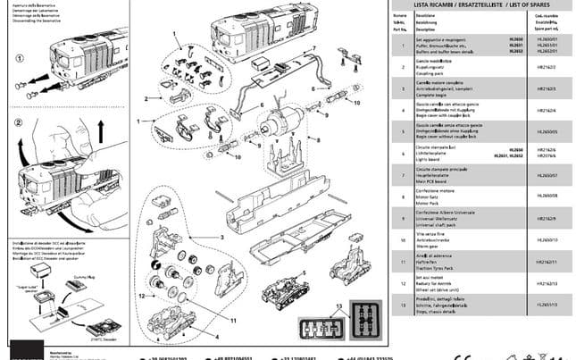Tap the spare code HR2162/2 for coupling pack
[546, 67]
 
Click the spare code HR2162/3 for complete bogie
[546, 90]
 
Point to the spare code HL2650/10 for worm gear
[546, 240]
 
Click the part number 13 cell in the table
[399, 304]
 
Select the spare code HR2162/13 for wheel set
[546, 282]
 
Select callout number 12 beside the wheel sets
[141, 294]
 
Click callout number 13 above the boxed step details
[338, 306]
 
